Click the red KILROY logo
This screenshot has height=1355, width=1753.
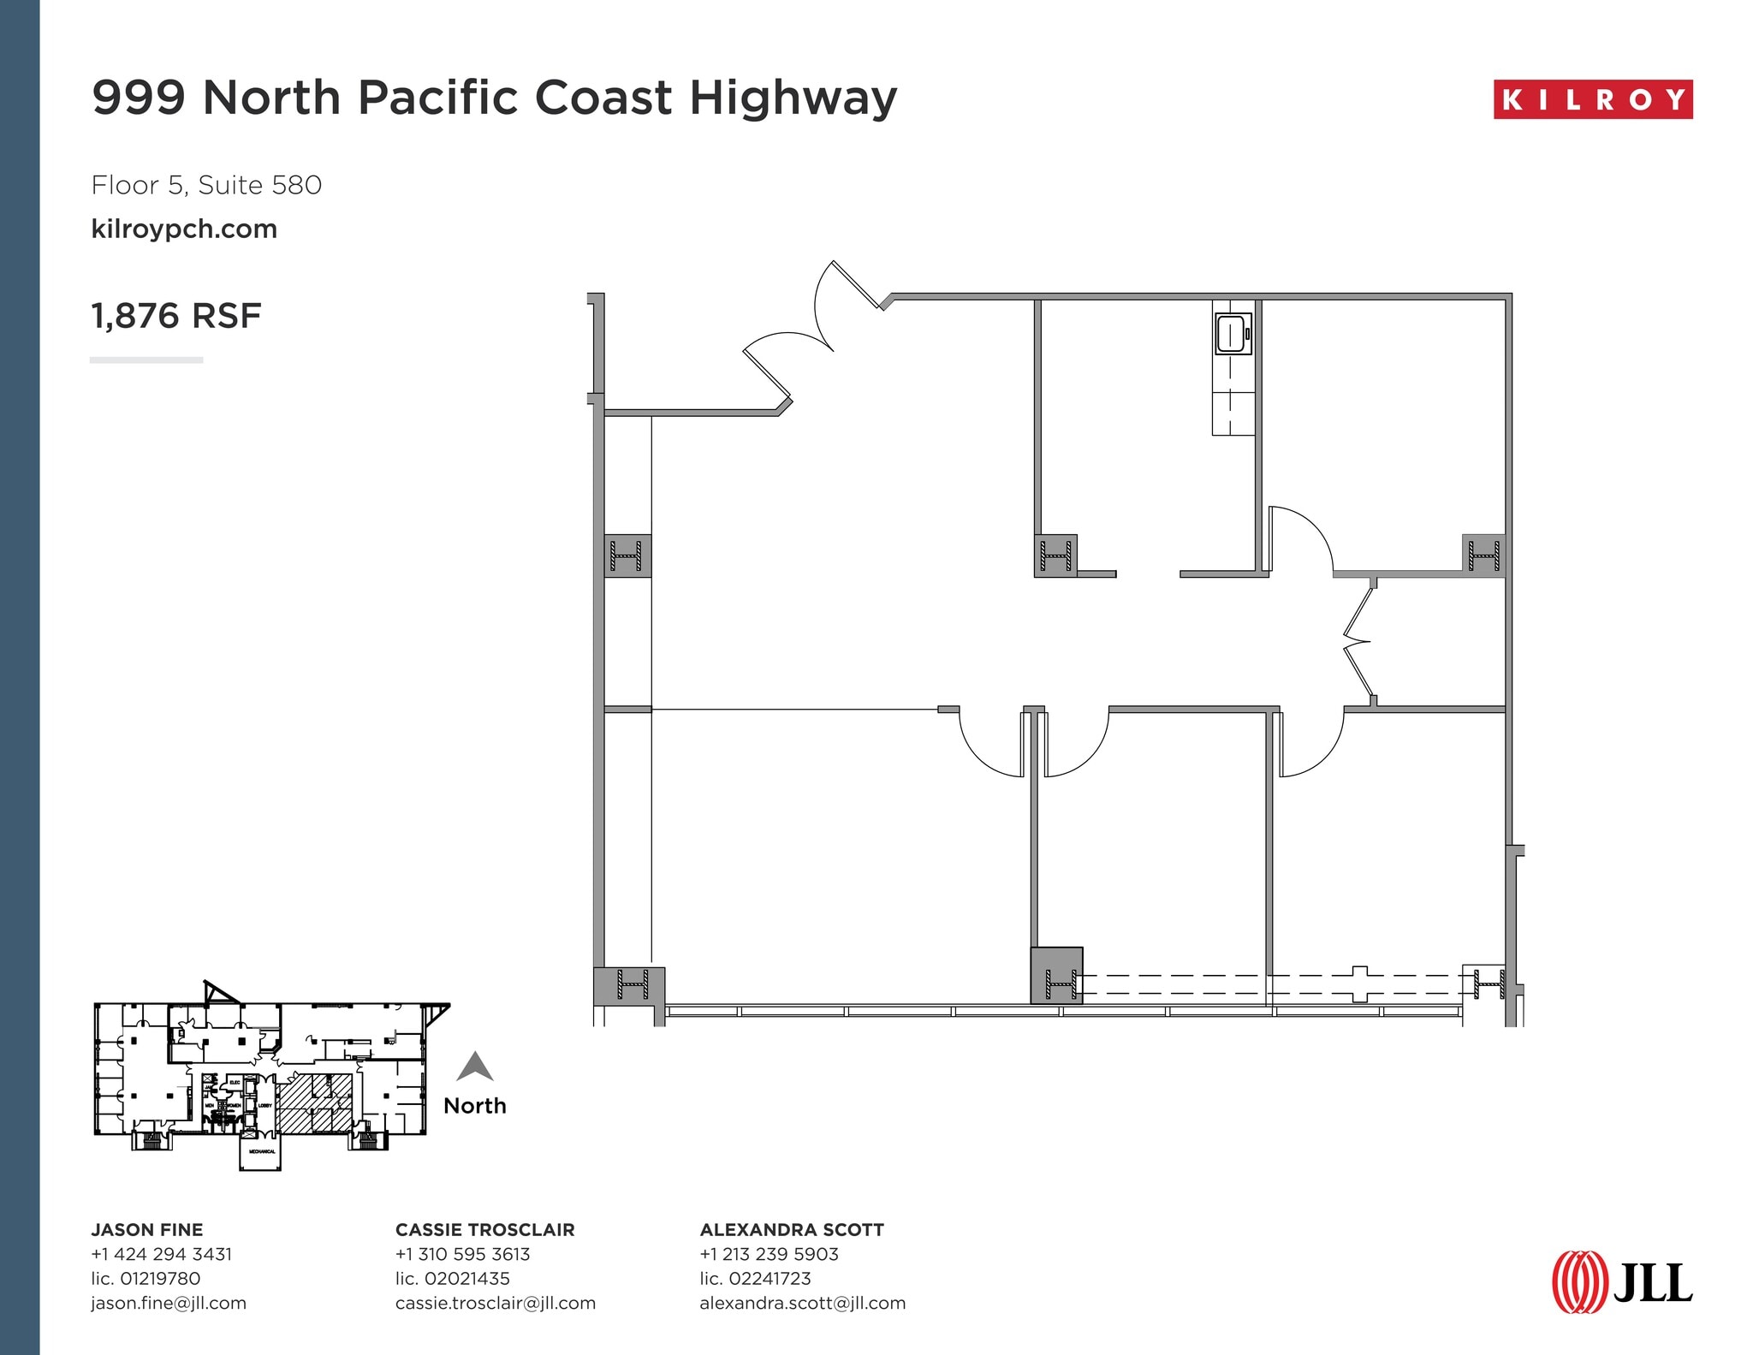pyautogui.click(x=1592, y=99)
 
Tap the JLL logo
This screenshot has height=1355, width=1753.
pyautogui.click(x=1621, y=1281)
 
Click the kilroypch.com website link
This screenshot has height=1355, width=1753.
pyautogui.click(x=184, y=229)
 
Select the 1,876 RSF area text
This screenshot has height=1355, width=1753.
pyautogui.click(x=175, y=316)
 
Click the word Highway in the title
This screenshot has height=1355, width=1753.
pyautogui.click(x=793, y=97)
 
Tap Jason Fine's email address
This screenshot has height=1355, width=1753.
pyautogui.click(x=169, y=1303)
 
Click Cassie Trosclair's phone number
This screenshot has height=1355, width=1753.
pyautogui.click(x=462, y=1254)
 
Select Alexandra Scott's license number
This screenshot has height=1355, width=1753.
pyautogui.click(x=755, y=1278)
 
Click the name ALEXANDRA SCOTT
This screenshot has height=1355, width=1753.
pyautogui.click(x=791, y=1229)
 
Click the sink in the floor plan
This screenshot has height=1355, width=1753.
pyautogui.click(x=1233, y=334)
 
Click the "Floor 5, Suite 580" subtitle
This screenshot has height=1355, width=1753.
pyautogui.click(x=206, y=185)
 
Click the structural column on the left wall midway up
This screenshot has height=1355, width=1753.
pyautogui.click(x=627, y=556)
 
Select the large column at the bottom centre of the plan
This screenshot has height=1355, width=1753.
pyautogui.click(x=1056, y=975)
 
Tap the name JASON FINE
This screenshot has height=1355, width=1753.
pyautogui.click(x=147, y=1229)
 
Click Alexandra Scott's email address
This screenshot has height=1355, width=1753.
pyautogui.click(x=802, y=1303)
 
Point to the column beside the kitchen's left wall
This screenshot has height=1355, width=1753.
pyautogui.click(x=1055, y=556)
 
